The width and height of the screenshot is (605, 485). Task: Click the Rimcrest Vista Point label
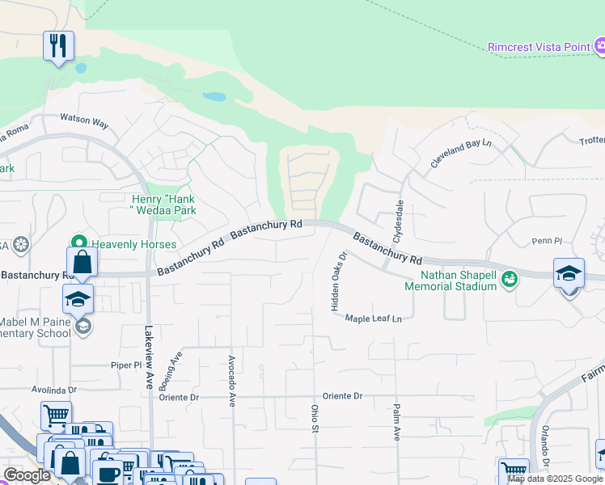[x=539, y=47]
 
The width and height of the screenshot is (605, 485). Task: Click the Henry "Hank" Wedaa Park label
[x=163, y=205]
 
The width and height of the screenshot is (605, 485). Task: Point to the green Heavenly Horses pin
[x=79, y=242]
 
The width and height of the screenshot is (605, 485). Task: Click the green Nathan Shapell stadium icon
[x=509, y=280]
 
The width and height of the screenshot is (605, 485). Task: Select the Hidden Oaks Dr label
[x=337, y=280]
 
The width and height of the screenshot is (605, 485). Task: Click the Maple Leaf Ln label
[x=374, y=318]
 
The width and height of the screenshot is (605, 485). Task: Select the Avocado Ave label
[x=231, y=379]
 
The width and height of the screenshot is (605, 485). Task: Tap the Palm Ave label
[x=397, y=422]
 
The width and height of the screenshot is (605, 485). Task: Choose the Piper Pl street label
[x=125, y=365]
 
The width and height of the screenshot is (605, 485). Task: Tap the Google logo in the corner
[x=27, y=475]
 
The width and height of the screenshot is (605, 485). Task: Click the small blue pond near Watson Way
[x=214, y=96]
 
